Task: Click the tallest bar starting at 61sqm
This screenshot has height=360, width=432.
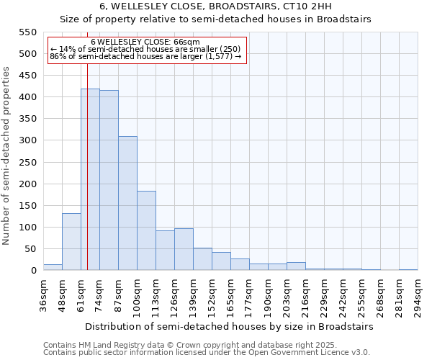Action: [x=90, y=180]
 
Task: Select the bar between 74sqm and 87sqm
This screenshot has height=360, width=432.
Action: [x=109, y=181]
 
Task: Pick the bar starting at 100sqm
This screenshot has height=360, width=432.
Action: [x=146, y=231]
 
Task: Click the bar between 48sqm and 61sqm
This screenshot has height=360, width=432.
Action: [x=71, y=242]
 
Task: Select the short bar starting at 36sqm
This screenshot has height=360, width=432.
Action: [x=53, y=267]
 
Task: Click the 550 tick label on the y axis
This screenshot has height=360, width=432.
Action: [x=27, y=32]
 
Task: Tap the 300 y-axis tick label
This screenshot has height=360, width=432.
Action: [x=27, y=140]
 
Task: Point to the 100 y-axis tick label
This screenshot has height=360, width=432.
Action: [x=27, y=228]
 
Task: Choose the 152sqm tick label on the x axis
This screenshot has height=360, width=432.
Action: [x=212, y=296]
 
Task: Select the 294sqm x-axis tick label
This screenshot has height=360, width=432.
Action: [x=418, y=296]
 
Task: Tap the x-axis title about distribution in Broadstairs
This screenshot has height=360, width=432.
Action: [x=230, y=326]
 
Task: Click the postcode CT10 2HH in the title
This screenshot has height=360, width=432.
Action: [x=320, y=6]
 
